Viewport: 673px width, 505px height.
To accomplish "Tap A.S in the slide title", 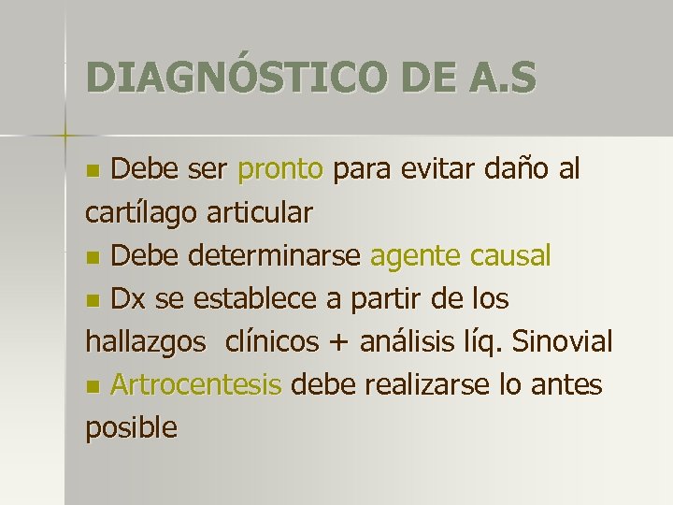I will click(x=501, y=77).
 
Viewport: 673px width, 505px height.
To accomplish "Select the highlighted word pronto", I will click(x=280, y=170).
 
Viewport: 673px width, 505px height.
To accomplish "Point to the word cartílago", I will click(x=139, y=213).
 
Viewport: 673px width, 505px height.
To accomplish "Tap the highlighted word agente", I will click(x=415, y=255).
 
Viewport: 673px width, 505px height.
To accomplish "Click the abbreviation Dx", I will click(x=126, y=299).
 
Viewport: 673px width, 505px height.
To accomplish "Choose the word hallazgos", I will click(x=145, y=342).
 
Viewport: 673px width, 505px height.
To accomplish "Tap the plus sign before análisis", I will click(x=337, y=343).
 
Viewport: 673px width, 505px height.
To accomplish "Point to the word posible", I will click(x=131, y=427).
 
